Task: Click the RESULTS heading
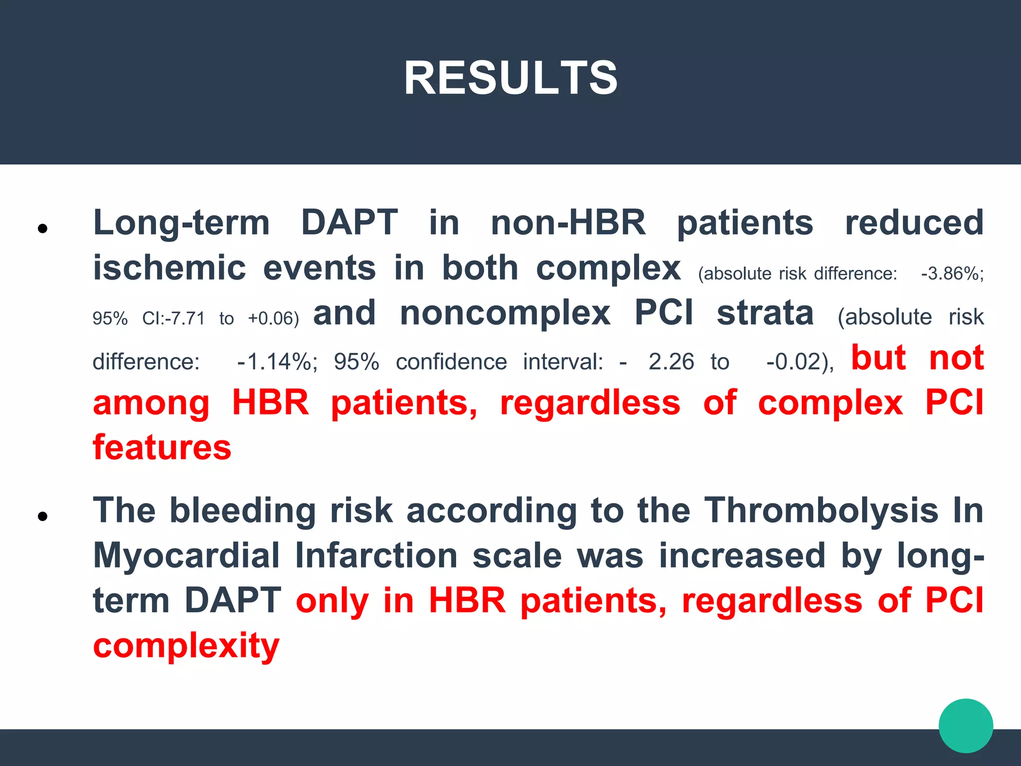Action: (x=510, y=78)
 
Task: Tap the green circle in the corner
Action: (x=966, y=726)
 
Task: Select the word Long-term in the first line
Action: (x=181, y=223)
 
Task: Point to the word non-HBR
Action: (x=568, y=223)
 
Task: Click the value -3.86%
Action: (x=952, y=274)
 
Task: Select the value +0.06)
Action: (x=273, y=318)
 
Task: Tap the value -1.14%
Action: (x=277, y=362)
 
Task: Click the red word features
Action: (x=162, y=447)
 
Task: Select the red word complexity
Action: (x=186, y=646)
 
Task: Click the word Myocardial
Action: (x=186, y=556)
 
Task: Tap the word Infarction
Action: (x=376, y=556)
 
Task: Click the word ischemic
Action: (x=170, y=268)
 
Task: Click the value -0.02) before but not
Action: (x=799, y=362)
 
